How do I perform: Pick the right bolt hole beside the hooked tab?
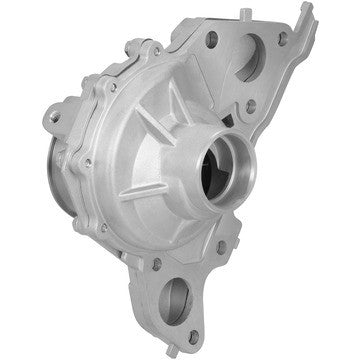coord(283,37)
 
